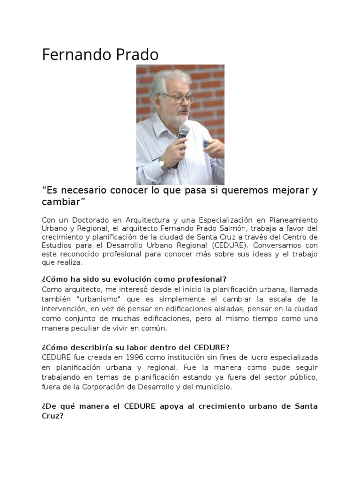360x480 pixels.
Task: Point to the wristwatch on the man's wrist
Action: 162,164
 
